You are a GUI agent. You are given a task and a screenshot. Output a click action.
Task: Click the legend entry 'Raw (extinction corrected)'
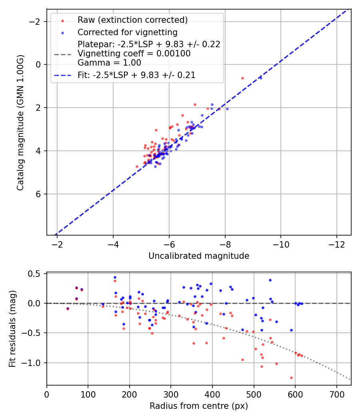(132, 20)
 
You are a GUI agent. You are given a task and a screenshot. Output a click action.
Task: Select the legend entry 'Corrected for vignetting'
(127, 32)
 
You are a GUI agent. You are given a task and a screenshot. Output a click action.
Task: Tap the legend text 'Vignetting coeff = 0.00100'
(134, 54)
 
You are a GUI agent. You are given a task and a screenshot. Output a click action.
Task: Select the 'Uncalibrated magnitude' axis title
(199, 256)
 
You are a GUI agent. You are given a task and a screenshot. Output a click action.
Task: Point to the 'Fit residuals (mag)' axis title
(12, 329)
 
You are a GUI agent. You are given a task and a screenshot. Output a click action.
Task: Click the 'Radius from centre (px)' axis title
(199, 406)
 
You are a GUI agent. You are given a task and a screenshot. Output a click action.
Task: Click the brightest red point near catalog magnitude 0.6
(242, 78)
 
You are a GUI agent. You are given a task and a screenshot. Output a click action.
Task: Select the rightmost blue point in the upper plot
(261, 78)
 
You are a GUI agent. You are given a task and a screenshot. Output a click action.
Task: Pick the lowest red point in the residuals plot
(291, 378)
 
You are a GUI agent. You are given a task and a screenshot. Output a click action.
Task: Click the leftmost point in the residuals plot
(68, 308)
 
